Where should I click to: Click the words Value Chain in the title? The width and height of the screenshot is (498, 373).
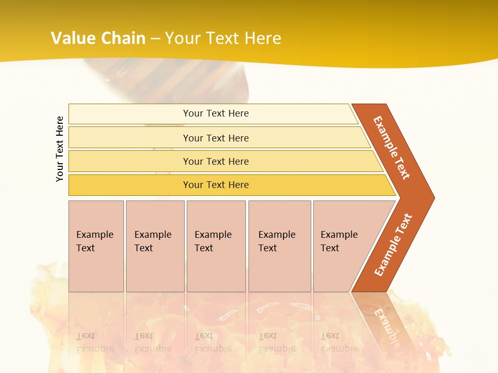click(98, 38)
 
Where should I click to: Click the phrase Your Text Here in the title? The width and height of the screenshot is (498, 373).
click(223, 38)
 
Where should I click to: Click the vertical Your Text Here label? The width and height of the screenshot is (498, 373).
click(60, 149)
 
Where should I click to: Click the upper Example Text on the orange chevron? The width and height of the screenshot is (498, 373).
click(392, 148)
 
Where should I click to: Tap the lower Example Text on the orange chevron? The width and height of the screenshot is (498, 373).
click(393, 245)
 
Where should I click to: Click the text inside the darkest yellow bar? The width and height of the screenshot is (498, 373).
click(216, 185)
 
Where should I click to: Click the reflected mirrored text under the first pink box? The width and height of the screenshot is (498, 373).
click(94, 342)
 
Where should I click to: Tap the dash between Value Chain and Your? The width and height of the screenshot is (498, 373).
click(155, 39)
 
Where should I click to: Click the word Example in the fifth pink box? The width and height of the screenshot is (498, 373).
click(339, 235)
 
